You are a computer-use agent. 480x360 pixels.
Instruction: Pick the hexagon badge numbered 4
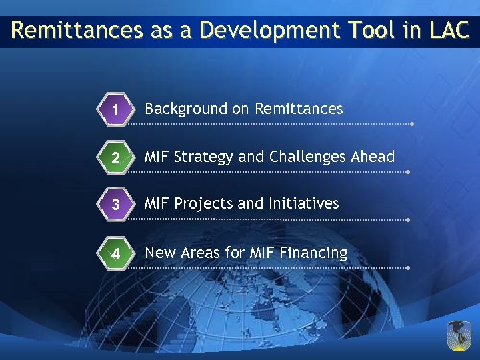[115, 255]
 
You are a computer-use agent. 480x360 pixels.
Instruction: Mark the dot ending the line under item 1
[413, 124]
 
